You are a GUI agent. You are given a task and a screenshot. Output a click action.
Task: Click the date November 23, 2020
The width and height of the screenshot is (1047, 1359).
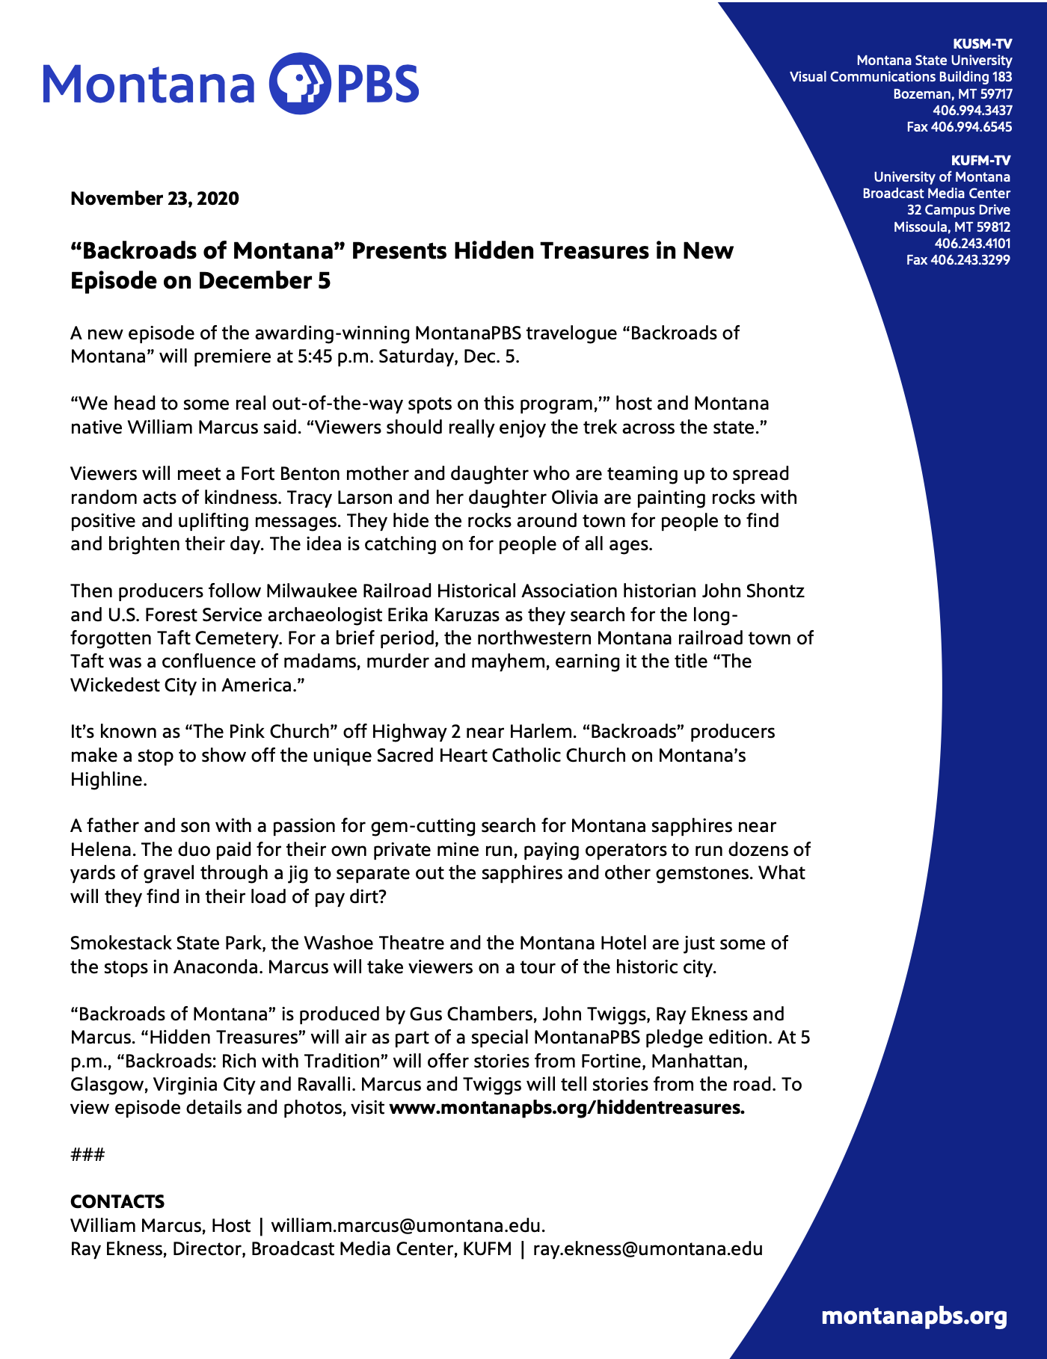[x=155, y=198]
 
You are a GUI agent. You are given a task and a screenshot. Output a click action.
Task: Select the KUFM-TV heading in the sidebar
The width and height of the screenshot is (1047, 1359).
[x=980, y=160]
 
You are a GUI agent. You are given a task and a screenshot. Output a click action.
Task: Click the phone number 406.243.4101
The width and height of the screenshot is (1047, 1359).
[x=972, y=244]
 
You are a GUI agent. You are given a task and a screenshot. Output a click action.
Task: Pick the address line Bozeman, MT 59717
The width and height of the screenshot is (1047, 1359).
[x=952, y=94]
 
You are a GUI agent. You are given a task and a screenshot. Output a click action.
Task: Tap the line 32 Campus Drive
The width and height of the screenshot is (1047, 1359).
[x=958, y=210]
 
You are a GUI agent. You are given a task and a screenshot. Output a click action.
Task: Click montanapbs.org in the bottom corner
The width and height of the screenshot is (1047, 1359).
[x=914, y=1316]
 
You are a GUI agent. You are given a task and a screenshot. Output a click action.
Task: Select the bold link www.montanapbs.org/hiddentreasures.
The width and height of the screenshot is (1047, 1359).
[x=567, y=1108]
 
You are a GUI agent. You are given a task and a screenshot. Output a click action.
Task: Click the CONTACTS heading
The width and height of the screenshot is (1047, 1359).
[x=117, y=1201]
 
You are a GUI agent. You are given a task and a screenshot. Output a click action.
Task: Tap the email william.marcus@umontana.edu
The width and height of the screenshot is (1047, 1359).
[x=408, y=1226]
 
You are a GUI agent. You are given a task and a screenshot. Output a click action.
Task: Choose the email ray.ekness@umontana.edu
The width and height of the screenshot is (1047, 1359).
[x=647, y=1249]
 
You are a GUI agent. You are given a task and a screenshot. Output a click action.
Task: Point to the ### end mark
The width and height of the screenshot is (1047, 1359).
[x=87, y=1155]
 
